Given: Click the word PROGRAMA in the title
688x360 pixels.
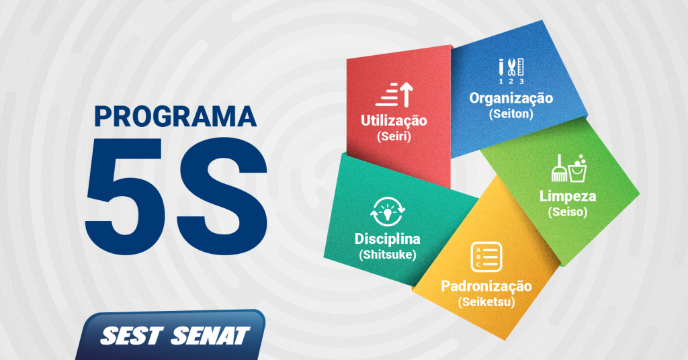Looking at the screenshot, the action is [175, 116].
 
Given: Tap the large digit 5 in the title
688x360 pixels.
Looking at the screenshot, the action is [128, 196].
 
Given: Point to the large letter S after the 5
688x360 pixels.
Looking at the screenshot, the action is [220, 196].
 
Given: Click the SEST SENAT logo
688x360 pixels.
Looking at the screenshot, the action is [175, 335].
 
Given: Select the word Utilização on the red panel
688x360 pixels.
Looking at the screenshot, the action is [394, 121].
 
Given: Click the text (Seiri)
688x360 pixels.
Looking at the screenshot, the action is [394, 136].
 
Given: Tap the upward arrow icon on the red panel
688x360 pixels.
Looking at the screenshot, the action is [406, 94].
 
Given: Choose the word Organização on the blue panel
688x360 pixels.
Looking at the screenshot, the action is [511, 99].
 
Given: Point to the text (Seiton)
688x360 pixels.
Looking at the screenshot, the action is [511, 114].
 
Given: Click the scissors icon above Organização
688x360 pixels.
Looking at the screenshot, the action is [511, 67].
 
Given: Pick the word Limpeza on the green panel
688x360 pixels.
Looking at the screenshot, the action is [567, 196].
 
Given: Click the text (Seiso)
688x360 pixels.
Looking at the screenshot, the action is [567, 212].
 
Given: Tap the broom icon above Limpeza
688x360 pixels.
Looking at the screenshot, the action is [559, 169].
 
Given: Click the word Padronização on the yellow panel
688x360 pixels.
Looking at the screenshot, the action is [486, 286].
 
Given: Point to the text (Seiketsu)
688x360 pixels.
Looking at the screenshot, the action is [486, 302].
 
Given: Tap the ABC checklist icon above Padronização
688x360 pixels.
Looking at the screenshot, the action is [486, 257].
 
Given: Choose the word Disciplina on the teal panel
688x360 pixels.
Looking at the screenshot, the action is [388, 239].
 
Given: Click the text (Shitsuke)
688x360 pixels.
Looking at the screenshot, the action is [388, 255].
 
